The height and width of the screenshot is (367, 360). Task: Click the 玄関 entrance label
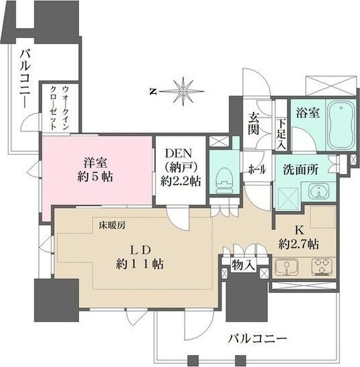(x=255, y=123)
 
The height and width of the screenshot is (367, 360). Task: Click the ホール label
(x=256, y=169)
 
